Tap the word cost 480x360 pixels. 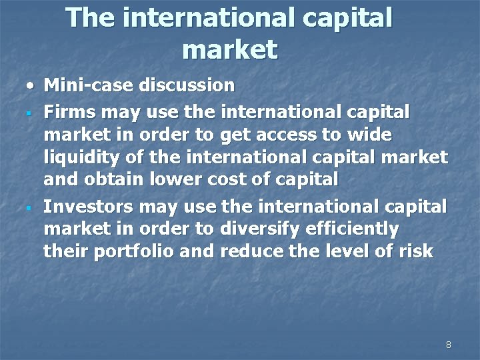[x=211, y=181]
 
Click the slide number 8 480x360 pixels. [x=448, y=345]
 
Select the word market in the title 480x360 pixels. [x=229, y=49]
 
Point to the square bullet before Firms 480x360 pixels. [x=31, y=112]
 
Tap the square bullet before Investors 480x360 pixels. [x=31, y=206]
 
